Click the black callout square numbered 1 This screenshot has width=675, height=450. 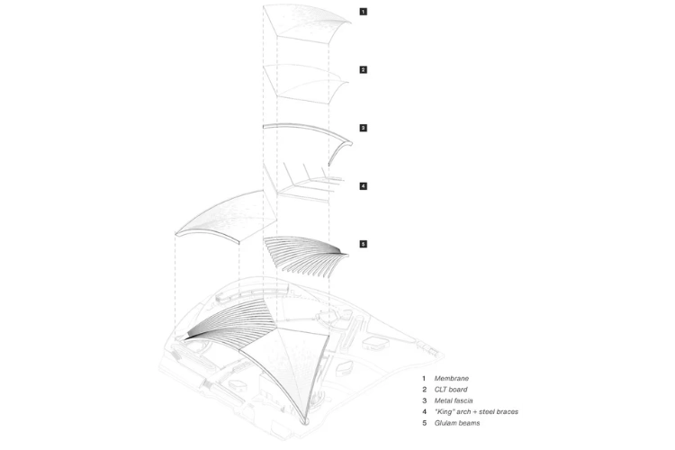364,12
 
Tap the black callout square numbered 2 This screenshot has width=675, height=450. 364,70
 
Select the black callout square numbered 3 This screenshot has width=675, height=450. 364,128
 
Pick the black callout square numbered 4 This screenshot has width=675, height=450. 364,186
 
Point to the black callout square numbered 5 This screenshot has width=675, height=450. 364,244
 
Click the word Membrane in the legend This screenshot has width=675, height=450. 451,379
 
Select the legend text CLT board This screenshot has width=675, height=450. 451,390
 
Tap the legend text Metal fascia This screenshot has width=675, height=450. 454,400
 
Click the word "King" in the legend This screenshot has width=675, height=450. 445,412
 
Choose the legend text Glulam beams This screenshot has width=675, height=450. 456,423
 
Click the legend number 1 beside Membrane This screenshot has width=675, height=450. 424,379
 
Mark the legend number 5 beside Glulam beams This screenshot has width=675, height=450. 424,423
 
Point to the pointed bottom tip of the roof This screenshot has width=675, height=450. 307,422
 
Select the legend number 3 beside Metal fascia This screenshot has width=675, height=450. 424,400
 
